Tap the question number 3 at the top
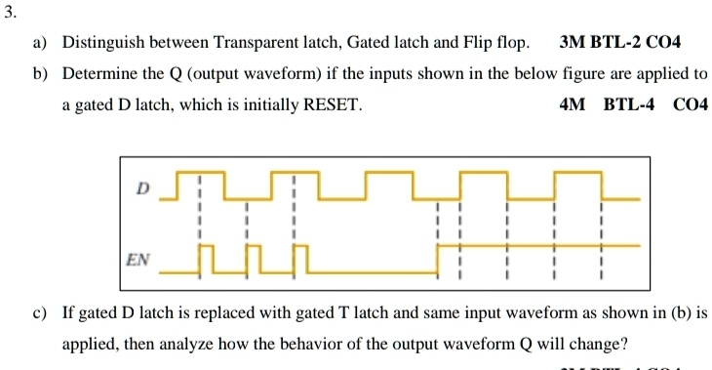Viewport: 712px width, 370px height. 10,14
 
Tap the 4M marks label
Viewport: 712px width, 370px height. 572,104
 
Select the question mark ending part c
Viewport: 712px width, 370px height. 625,346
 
